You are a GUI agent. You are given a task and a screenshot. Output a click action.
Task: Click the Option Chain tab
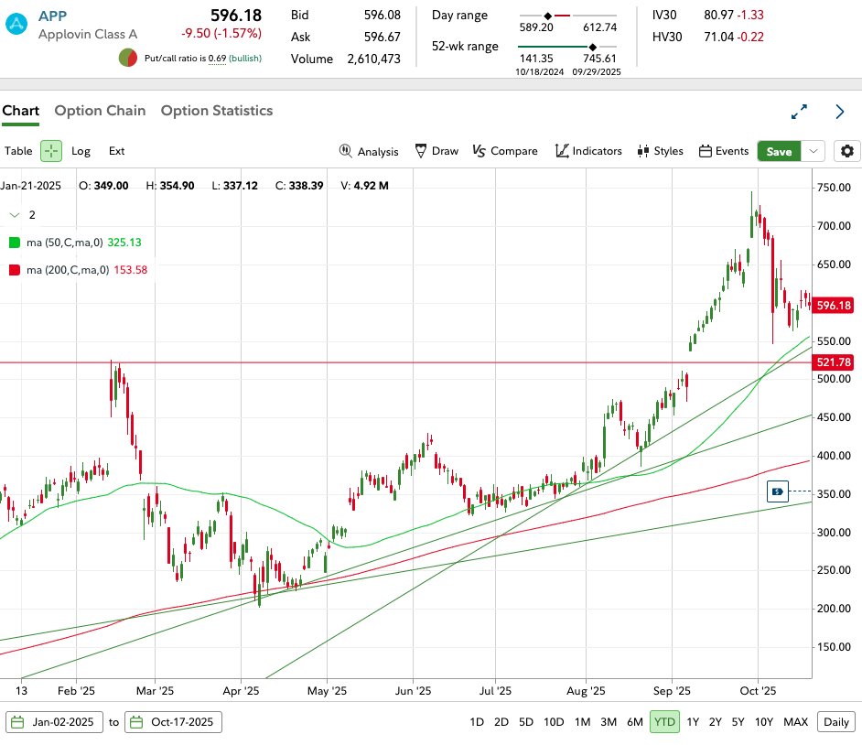(x=100, y=111)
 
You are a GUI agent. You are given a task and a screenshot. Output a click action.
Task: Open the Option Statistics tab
(x=217, y=111)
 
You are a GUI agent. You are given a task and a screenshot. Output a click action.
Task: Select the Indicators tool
(x=588, y=151)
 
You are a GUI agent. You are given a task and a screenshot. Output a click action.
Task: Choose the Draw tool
(x=436, y=151)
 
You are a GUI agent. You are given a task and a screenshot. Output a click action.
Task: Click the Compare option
(x=505, y=151)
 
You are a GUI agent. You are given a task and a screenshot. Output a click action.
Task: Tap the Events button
(x=724, y=151)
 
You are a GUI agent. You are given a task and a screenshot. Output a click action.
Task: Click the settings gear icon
(x=848, y=151)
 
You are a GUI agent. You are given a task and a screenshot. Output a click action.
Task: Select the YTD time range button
(x=664, y=722)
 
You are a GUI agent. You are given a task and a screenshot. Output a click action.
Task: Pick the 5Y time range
(x=738, y=722)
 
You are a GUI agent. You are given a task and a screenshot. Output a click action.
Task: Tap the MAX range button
(x=795, y=722)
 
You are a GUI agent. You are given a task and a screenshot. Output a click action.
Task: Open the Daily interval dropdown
(x=835, y=722)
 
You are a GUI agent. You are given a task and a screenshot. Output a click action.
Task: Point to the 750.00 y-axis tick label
(x=834, y=188)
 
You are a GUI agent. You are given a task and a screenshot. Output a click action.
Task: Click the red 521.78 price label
(x=834, y=362)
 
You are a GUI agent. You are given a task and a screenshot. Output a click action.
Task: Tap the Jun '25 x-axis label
(x=415, y=692)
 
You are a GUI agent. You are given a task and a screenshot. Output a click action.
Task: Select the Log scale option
(x=81, y=151)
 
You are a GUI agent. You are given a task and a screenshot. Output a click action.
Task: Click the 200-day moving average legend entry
(x=78, y=270)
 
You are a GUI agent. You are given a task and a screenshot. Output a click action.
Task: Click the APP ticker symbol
(x=52, y=16)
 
